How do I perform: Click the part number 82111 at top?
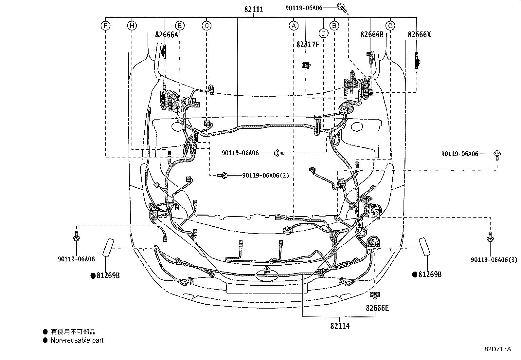pos(254,9)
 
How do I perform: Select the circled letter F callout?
pos(105,26)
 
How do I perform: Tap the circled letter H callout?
pos(132,26)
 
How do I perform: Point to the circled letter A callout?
pos(294,26)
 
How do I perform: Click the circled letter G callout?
pos(390,26)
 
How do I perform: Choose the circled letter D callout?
pos(323,33)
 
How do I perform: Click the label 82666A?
pos(167,35)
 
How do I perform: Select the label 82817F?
pos(308,45)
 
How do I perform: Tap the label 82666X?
pos(419,35)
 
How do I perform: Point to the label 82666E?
pos(377,308)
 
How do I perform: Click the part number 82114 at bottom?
pos(340,326)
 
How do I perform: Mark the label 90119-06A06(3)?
pos(494,260)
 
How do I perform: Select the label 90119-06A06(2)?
pos(266,175)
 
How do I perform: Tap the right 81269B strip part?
pos(425,247)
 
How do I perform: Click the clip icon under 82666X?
pos(418,60)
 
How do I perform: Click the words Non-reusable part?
pos(77,340)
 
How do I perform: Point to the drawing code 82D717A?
pos(497,349)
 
